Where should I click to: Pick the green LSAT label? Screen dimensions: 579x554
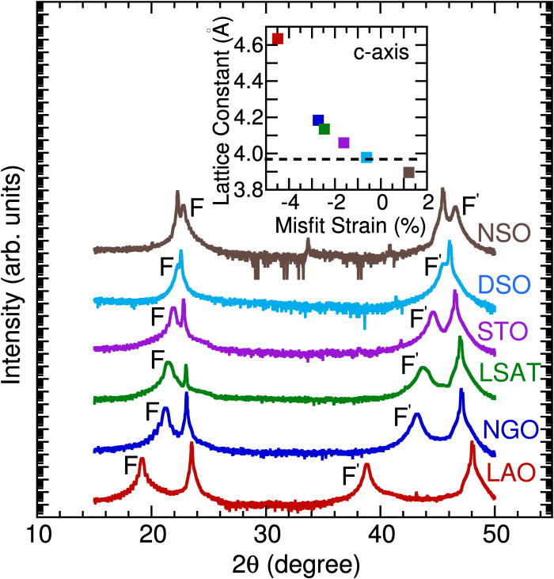coord(518,371)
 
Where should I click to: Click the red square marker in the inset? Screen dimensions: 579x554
coord(277,38)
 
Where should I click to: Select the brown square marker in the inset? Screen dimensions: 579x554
coord(408,172)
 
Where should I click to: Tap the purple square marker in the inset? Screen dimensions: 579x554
coord(343,143)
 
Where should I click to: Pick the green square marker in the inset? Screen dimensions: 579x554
coord(324,129)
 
